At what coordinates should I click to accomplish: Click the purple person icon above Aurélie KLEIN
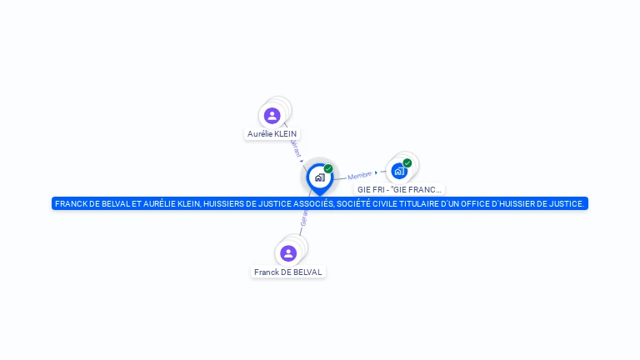click(272, 116)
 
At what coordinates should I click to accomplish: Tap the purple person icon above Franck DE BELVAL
click(288, 253)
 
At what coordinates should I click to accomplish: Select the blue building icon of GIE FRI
click(399, 171)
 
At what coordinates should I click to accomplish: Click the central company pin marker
click(319, 177)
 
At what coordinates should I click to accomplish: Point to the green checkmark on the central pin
click(328, 169)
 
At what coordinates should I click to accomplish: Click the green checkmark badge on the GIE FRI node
click(407, 162)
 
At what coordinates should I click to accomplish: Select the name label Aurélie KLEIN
click(272, 133)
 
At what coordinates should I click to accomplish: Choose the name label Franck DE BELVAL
click(288, 272)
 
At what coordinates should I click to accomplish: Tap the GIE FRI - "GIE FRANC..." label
click(399, 189)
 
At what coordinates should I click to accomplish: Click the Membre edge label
click(359, 175)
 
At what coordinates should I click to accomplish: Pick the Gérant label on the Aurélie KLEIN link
click(294, 147)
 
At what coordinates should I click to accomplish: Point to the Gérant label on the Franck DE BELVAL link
click(304, 218)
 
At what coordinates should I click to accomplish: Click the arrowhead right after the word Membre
click(376, 172)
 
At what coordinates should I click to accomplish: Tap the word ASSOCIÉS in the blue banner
click(309, 203)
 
